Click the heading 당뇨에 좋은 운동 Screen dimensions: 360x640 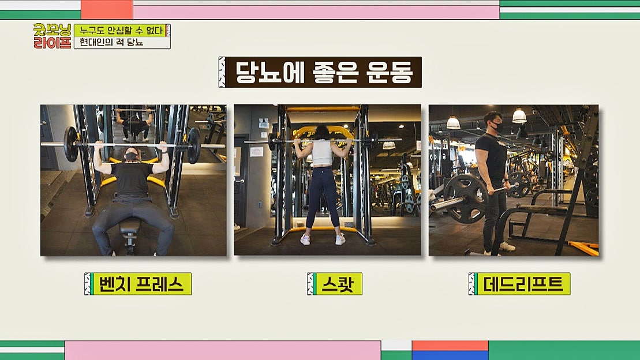[x=320, y=72]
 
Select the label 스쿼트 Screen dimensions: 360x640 [x=334, y=284]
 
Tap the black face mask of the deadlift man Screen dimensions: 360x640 [x=495, y=126]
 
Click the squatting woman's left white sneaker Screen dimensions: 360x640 [x=305, y=239]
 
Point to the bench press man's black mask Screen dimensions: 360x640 [x=132, y=156]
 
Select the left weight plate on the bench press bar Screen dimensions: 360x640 [x=72, y=144]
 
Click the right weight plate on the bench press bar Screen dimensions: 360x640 [x=193, y=145]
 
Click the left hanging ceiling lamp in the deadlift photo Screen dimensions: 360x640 [x=453, y=122]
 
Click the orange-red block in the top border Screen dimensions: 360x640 [x=107, y=9]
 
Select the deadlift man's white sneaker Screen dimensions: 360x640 [x=507, y=247]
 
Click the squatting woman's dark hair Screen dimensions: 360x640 [x=322, y=133]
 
